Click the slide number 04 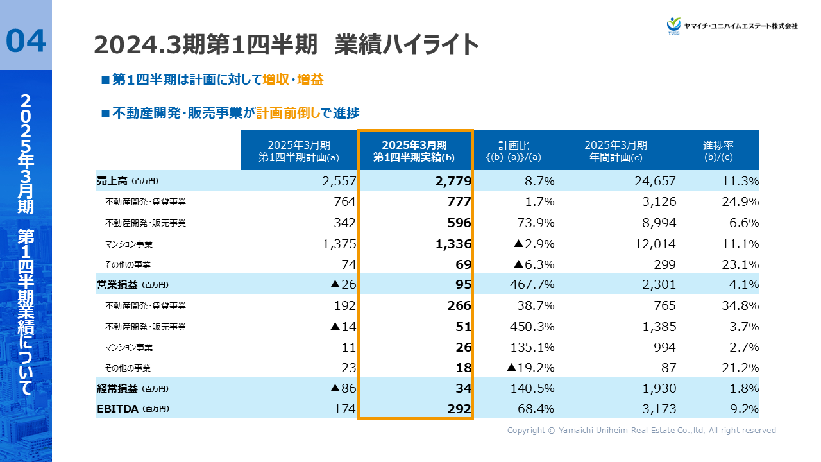click(26, 40)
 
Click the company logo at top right click(732, 25)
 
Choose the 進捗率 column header click(718, 150)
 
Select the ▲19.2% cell click(530, 368)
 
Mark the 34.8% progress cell click(740, 305)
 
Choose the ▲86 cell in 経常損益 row click(343, 388)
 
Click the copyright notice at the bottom click(641, 431)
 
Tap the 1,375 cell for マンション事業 click(337, 243)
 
